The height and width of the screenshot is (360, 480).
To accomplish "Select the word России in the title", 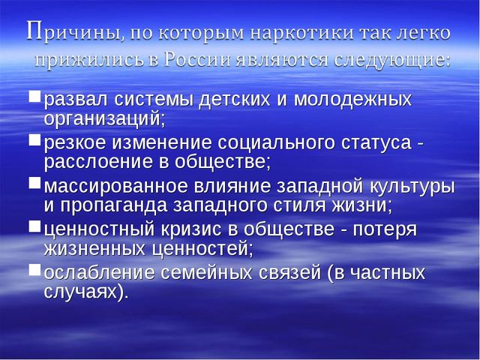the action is (x=197, y=59).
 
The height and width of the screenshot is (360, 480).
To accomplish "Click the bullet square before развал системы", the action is (x=34, y=96).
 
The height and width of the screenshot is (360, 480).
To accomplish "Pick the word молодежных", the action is (x=352, y=100).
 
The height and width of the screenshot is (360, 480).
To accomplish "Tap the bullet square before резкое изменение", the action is (x=34, y=139).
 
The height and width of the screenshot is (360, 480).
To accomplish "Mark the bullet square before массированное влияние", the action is (x=34, y=183).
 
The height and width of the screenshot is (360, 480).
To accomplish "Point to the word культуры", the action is (x=412, y=187).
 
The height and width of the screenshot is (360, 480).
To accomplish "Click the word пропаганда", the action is (x=113, y=205).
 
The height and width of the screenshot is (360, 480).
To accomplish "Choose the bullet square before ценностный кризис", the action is (x=34, y=226).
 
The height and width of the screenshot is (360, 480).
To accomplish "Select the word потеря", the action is (x=385, y=230).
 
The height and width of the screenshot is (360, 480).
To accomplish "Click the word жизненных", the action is (x=94, y=249).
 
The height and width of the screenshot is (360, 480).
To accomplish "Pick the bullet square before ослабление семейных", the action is (x=34, y=270).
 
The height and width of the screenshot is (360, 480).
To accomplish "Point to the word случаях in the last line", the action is (x=80, y=292).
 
